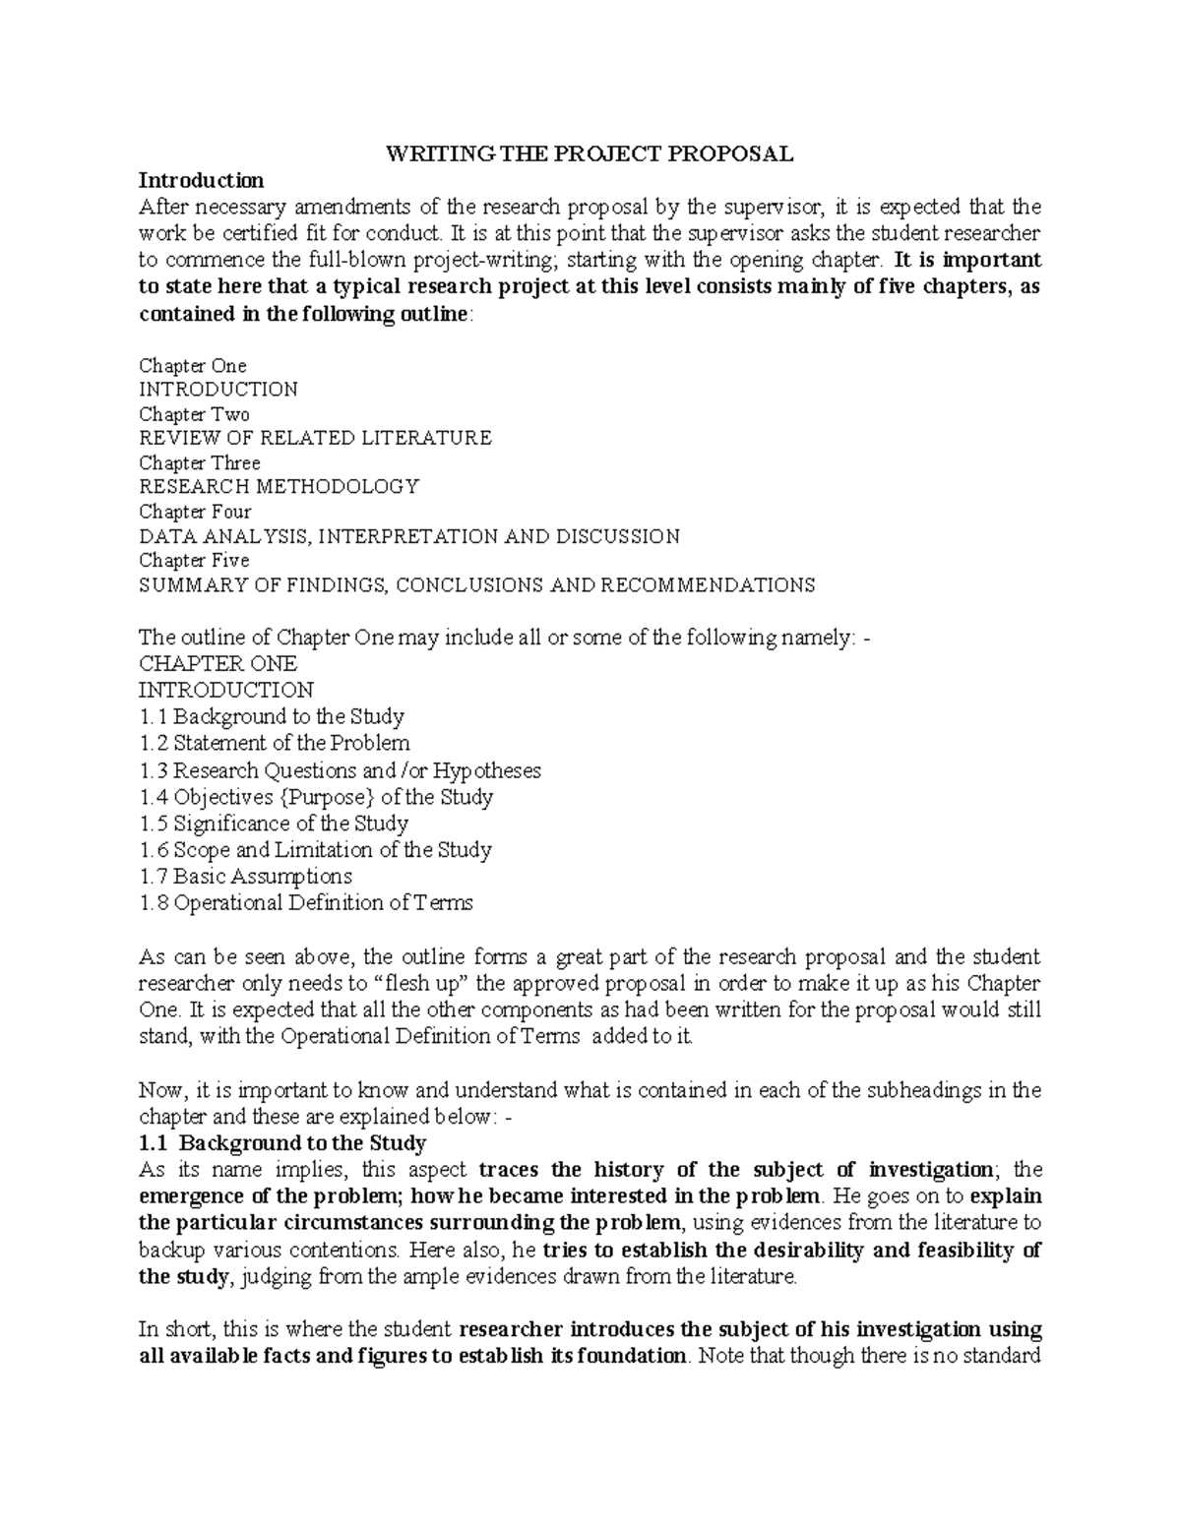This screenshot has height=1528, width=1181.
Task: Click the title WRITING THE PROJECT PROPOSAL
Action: click(589, 153)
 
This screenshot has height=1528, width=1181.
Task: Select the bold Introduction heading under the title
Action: click(201, 180)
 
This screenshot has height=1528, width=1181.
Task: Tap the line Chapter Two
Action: click(194, 414)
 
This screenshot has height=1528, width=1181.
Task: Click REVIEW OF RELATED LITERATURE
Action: click(315, 438)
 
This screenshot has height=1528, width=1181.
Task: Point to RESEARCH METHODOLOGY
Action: click(280, 486)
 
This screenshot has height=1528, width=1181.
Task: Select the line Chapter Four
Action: click(195, 512)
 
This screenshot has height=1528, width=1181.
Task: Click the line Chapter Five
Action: click(194, 560)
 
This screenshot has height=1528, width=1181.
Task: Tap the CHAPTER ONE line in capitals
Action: click(218, 663)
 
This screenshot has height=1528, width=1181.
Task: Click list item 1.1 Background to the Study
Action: click(272, 716)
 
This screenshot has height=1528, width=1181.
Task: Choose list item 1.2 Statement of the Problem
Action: click(275, 743)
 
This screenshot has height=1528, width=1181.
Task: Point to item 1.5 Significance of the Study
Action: click(274, 824)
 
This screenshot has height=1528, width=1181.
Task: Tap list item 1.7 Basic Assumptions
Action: click(245, 876)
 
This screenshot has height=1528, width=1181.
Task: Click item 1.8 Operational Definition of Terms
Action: click(306, 902)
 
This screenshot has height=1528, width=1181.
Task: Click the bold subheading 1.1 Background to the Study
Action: click(282, 1143)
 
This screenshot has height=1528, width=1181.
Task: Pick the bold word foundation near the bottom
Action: click(630, 1355)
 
